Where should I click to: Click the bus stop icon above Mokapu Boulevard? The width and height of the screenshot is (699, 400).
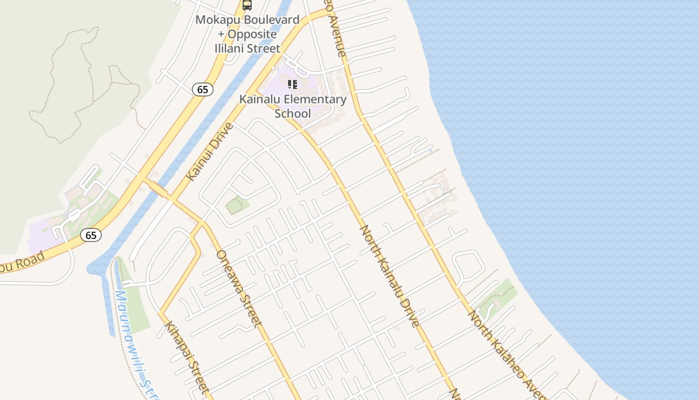tap(247, 5)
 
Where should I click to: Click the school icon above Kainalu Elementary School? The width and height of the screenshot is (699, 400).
tap(293, 84)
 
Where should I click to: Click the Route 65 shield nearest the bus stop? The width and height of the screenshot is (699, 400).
tap(202, 89)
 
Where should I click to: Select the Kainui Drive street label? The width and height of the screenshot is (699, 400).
tap(210, 151)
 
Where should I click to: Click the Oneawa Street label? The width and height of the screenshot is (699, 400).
tap(238, 288)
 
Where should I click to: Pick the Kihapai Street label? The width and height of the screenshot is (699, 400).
tap(186, 356)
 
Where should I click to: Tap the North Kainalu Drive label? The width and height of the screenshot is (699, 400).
tap(390, 275)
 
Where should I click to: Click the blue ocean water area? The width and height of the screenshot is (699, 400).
tap(574, 150)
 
